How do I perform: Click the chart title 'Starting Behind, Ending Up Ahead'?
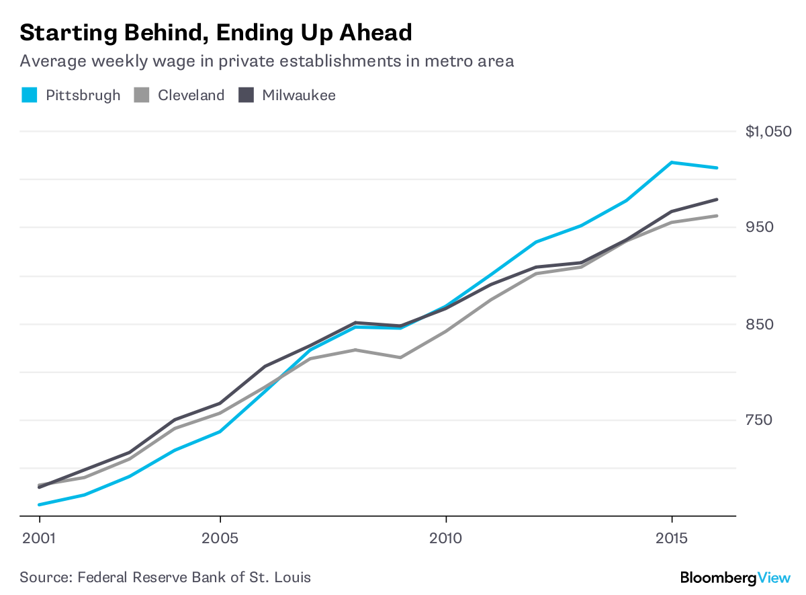pyautogui.click(x=216, y=32)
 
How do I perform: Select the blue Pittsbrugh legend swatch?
pyautogui.click(x=29, y=95)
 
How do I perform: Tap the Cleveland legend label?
pyautogui.click(x=191, y=95)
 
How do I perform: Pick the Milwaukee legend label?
pyautogui.click(x=299, y=95)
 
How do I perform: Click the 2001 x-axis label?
pyautogui.click(x=40, y=539)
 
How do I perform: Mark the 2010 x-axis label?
pyautogui.click(x=446, y=539)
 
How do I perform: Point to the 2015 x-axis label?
pyautogui.click(x=672, y=539)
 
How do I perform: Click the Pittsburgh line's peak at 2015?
pyautogui.click(x=672, y=162)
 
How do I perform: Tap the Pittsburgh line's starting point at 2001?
pyautogui.click(x=40, y=504)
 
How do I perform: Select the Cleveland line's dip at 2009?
pyautogui.click(x=400, y=358)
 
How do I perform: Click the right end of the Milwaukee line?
pyautogui.click(x=717, y=200)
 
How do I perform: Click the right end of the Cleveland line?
pyautogui.click(x=717, y=216)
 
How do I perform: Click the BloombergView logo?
pyautogui.click(x=733, y=577)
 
